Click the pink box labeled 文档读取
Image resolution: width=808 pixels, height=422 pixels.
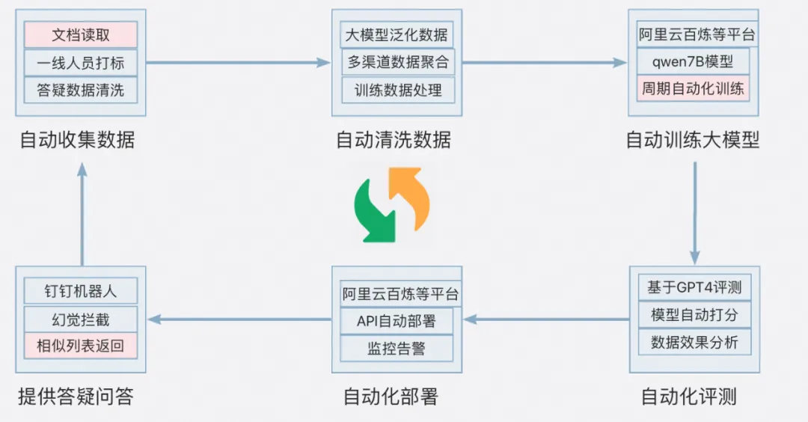(80, 35)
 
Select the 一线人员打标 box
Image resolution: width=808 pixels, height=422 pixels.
(80, 63)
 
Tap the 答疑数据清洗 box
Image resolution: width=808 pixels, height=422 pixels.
(80, 91)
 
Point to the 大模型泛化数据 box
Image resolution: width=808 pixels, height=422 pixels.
(397, 35)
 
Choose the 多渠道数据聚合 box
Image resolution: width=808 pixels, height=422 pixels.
(397, 63)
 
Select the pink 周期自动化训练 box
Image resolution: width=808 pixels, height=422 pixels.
(693, 88)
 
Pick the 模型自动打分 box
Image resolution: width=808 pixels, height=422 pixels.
(694, 315)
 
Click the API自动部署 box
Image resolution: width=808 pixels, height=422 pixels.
(397, 321)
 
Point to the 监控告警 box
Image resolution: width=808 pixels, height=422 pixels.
(397, 348)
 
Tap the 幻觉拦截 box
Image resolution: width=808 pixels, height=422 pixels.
(80, 319)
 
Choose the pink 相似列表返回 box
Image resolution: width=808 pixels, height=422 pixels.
(80, 346)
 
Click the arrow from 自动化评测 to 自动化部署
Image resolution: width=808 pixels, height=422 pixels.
(546, 320)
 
